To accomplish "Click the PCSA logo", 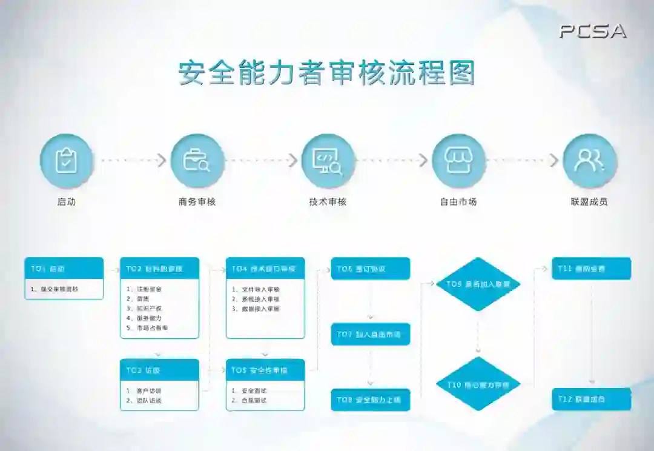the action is pyautogui.click(x=592, y=32).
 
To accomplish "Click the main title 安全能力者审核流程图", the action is pyautogui.click(x=326, y=73).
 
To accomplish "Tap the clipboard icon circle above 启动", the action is pyautogui.click(x=67, y=161).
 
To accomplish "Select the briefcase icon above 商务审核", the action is pyautogui.click(x=197, y=161).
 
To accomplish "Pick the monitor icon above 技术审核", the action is pyautogui.click(x=328, y=161).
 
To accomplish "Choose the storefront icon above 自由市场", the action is pyautogui.click(x=458, y=161).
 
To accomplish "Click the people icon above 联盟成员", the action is pyautogui.click(x=589, y=161).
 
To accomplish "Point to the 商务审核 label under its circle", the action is pyautogui.click(x=197, y=202).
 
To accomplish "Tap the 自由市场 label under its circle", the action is pyautogui.click(x=458, y=202).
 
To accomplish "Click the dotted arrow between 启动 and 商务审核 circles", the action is pyautogui.click(x=132, y=161).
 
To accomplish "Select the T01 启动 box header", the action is pyautogui.click(x=64, y=269).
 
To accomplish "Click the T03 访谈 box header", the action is pyautogui.click(x=159, y=370).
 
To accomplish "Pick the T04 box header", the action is pyautogui.click(x=265, y=269).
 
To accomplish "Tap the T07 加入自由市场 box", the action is pyautogui.click(x=371, y=335).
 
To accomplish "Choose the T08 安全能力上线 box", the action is pyautogui.click(x=371, y=400).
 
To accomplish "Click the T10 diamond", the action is pyautogui.click(x=478, y=384).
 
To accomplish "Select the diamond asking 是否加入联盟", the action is pyautogui.click(x=478, y=284).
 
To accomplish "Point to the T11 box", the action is pyautogui.click(x=591, y=269).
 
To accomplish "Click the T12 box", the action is pyautogui.click(x=591, y=399).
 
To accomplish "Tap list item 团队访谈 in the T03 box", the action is pyautogui.click(x=148, y=401).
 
